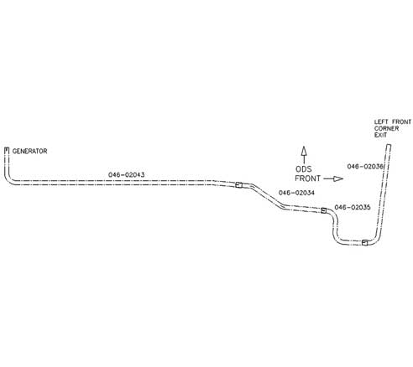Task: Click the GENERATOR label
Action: click(29, 151)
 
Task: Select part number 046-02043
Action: click(127, 175)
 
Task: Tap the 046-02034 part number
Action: click(296, 193)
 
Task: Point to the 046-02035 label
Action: click(353, 207)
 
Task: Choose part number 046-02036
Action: click(365, 166)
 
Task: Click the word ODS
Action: click(304, 169)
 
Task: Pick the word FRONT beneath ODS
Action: click(307, 178)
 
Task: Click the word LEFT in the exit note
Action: click(381, 122)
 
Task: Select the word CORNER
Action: click(387, 128)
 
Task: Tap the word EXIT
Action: click(380, 135)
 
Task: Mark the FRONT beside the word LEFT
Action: click(402, 122)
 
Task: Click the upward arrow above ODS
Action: click(304, 155)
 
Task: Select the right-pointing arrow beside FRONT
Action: click(333, 178)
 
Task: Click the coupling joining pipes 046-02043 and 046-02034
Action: click(238, 185)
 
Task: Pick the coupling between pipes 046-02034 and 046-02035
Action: click(324, 210)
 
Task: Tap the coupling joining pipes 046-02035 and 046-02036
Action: click(364, 242)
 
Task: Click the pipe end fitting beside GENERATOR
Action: click(7, 151)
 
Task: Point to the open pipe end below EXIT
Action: click(389, 145)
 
